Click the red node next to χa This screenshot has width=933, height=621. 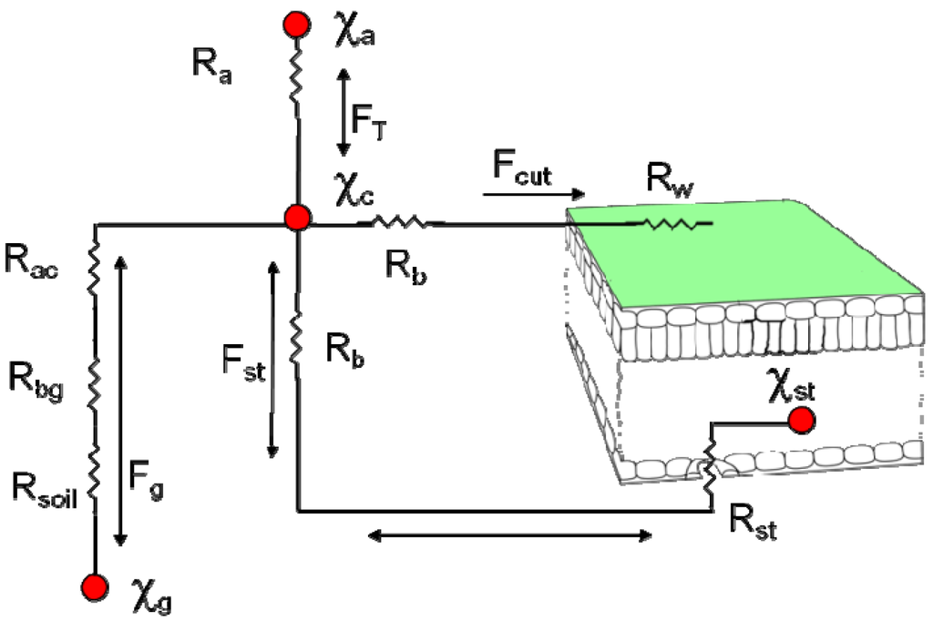tap(296, 25)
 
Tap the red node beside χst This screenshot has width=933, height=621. tap(801, 420)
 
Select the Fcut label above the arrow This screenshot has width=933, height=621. tap(522, 170)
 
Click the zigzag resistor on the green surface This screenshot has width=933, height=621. tap(674, 222)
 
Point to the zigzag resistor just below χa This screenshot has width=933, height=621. tap(296, 77)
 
